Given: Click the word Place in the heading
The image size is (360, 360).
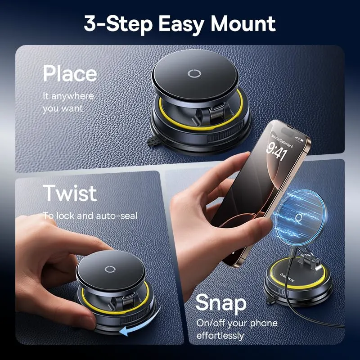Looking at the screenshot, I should pos(70,73).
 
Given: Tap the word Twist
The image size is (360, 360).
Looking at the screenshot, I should pos(70,193).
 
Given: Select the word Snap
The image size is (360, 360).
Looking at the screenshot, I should pos(221,302).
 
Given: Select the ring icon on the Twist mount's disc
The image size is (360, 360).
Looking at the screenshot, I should pos(110,270).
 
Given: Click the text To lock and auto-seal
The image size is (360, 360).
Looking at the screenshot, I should pos(90,216).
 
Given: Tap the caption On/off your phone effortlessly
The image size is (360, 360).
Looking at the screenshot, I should pos(237,329).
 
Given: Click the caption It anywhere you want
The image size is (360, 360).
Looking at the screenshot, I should pos(68,102).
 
